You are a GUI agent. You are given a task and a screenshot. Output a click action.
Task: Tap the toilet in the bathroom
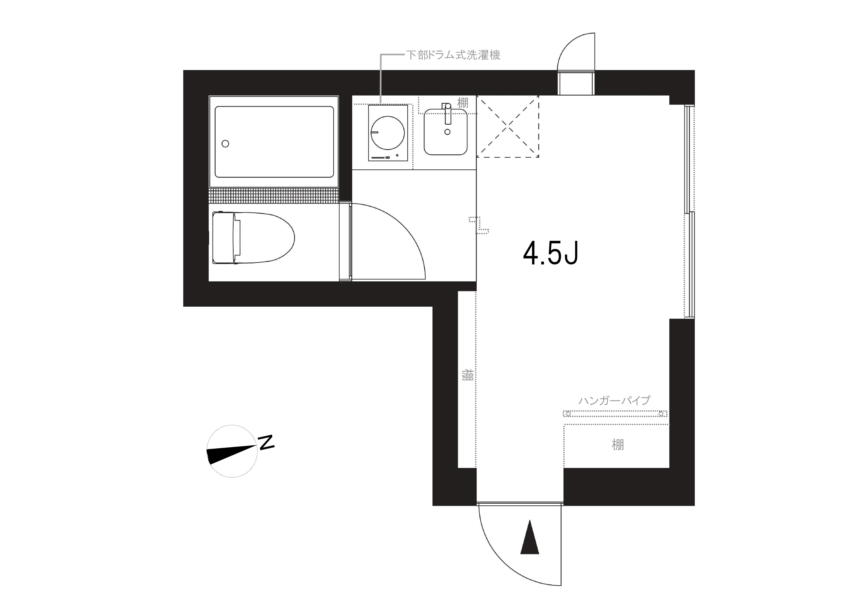(254, 237)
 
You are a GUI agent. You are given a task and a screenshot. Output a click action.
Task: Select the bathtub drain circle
(225, 144)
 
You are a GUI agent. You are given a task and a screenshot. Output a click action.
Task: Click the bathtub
(274, 142)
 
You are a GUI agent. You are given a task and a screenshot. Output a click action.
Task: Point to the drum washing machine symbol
(388, 133)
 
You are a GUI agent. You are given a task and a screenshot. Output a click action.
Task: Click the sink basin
(446, 132)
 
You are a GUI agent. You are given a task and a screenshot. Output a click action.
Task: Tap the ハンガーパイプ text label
(614, 400)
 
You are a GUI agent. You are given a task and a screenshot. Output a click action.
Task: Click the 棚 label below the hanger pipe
(618, 445)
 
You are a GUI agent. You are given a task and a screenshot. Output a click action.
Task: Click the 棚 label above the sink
(463, 103)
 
